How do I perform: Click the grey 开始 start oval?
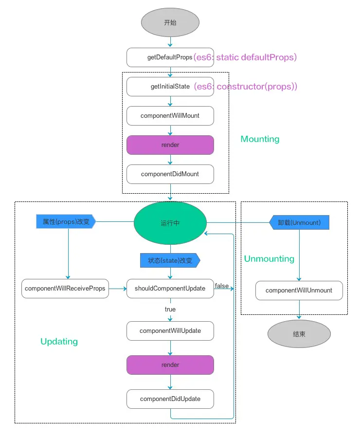[x=170, y=23]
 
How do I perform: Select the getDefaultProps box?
[x=170, y=57]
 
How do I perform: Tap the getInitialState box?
[x=170, y=87]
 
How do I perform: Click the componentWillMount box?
[x=170, y=116]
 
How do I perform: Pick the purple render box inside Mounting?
[x=170, y=145]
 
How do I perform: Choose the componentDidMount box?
[x=170, y=174]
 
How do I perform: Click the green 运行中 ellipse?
[x=170, y=223]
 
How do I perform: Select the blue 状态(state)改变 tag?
[x=170, y=260]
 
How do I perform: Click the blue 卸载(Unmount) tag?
[x=299, y=222]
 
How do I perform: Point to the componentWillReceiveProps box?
[x=65, y=289]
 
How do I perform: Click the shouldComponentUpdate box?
[x=170, y=289]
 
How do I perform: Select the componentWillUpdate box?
[x=170, y=331]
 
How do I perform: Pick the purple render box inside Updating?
[x=170, y=365]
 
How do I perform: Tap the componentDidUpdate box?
[x=170, y=399]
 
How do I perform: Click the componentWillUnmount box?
[x=299, y=291]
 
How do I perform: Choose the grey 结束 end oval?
[x=299, y=334]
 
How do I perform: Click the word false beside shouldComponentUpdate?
[x=222, y=286]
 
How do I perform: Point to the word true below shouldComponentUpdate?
[x=170, y=310]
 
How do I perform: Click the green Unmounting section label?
[x=269, y=259]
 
